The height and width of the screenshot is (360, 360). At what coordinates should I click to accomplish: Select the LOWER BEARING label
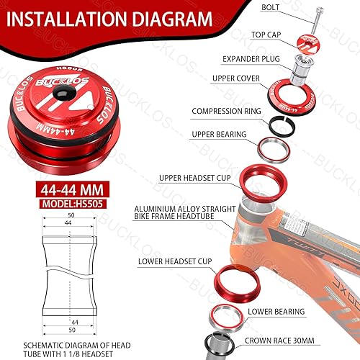click(276, 312)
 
